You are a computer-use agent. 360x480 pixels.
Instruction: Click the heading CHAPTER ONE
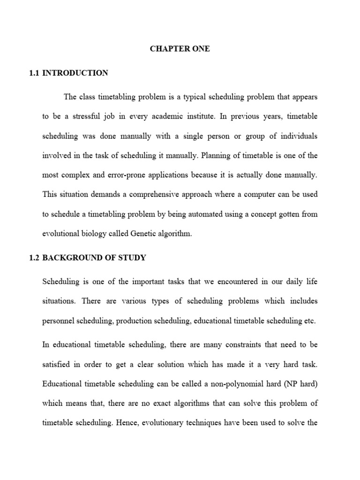pos(180,49)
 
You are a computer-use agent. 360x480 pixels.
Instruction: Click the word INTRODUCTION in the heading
pos(82,73)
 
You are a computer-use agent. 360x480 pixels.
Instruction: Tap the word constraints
pos(230,345)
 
